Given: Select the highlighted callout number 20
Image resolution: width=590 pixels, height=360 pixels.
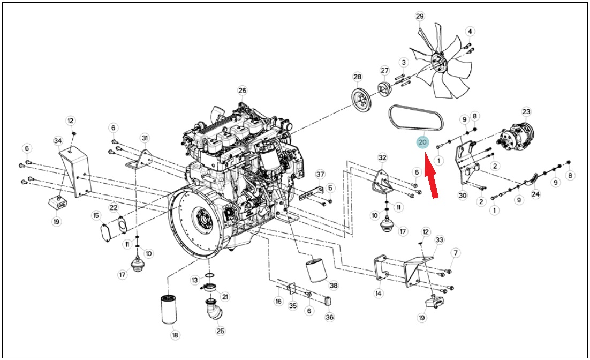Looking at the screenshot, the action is point(422,142).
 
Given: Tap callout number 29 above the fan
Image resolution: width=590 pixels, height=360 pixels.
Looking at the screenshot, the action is point(420,16).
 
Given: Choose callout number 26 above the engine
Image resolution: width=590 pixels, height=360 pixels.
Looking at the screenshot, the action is point(242,91).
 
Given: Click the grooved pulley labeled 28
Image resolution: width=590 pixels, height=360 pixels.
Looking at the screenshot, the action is point(361,100).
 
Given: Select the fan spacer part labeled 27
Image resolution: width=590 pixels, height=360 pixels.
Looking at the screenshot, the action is point(384,89).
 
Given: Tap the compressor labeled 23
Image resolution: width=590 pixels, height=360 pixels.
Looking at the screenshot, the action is point(515,134).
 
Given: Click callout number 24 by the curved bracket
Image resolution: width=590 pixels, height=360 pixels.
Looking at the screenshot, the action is point(535,194).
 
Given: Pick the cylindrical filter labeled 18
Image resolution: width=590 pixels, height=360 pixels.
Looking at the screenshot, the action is point(169,310).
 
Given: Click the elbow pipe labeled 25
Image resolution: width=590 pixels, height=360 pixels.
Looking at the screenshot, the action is point(214,309).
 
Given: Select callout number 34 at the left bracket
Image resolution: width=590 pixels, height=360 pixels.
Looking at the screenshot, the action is point(58,141).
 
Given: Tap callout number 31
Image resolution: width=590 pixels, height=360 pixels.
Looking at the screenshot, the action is point(145,138).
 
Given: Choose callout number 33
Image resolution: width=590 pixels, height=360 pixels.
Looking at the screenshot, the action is point(439,240).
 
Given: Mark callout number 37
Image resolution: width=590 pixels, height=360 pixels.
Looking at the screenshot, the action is point(320,174).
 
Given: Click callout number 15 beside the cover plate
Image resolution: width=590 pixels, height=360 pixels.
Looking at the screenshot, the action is point(96,215).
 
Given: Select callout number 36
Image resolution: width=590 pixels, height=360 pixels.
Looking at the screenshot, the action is point(329,317).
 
